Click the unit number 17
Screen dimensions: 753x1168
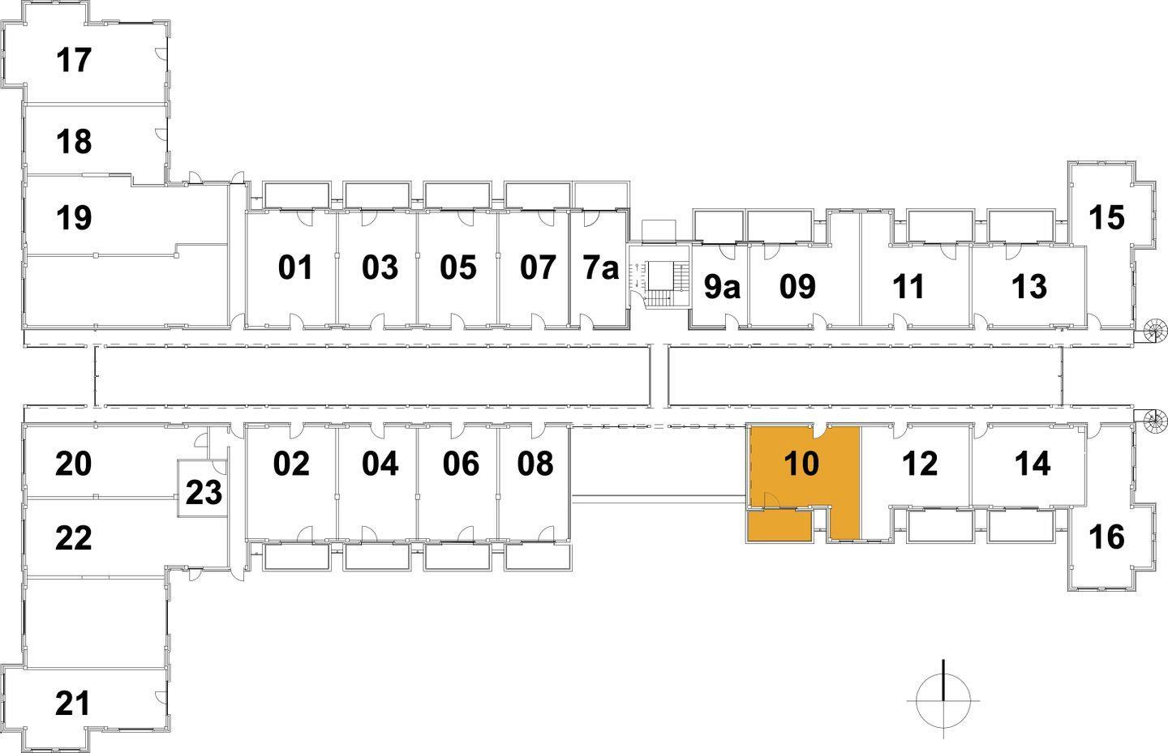tap(74, 60)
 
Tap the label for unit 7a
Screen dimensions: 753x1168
tap(600, 267)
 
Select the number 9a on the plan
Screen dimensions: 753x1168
tap(721, 286)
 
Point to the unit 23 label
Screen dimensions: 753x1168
tap(204, 492)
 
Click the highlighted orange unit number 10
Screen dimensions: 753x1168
tap(801, 464)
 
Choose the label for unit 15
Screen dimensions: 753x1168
tap(1106, 217)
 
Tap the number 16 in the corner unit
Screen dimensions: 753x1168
tap(1106, 537)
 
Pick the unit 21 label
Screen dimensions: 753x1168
tap(73, 703)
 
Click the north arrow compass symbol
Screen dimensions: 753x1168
tap(943, 698)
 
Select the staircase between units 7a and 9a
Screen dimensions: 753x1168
tap(659, 284)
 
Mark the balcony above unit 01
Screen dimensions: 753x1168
tap(296, 195)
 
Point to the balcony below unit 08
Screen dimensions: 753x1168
tap(538, 557)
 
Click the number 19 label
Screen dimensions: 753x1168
tap(74, 217)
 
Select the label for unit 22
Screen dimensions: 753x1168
tap(73, 537)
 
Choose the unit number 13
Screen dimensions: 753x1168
tap(1029, 286)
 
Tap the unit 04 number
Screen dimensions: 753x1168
tap(380, 464)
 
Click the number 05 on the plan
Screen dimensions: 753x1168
tap(458, 267)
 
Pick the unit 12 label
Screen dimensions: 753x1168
tap(919, 464)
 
